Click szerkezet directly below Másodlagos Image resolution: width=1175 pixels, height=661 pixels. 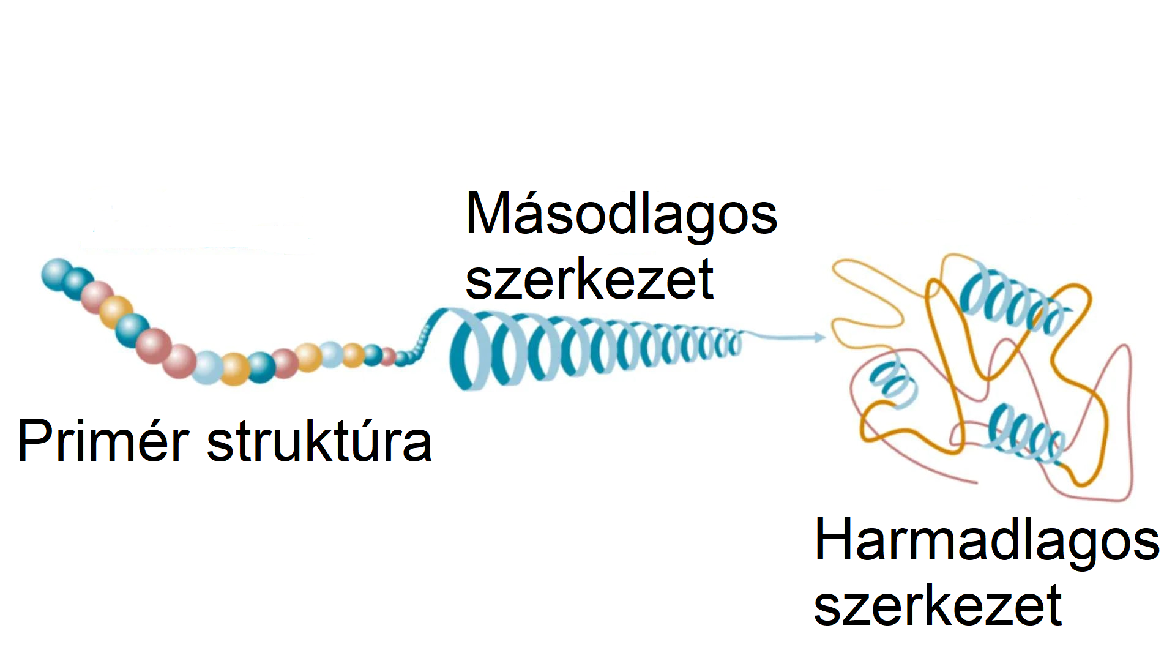click(x=589, y=279)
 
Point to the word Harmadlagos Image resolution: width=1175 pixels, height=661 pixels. click(x=987, y=541)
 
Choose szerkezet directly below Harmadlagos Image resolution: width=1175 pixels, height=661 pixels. click(x=938, y=605)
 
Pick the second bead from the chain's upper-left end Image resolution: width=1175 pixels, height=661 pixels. click(x=78, y=282)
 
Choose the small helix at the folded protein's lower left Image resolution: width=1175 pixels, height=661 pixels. click(x=893, y=383)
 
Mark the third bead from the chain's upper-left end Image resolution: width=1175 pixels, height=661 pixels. click(x=97, y=297)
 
